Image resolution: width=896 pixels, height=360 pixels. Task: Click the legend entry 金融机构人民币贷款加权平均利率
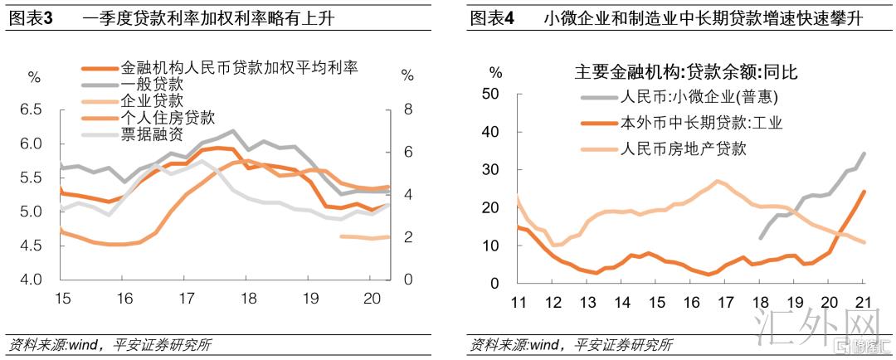[239, 68]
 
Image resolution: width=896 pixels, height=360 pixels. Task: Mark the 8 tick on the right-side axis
[407, 109]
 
